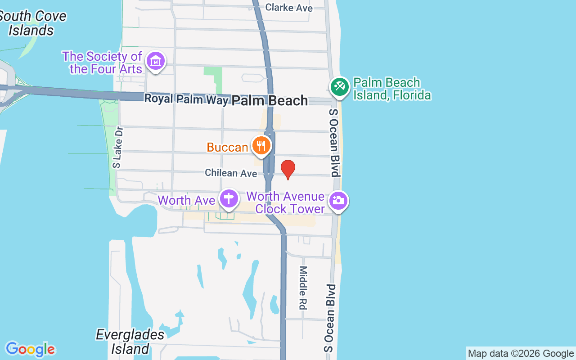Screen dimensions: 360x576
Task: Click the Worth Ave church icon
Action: pos(229,198)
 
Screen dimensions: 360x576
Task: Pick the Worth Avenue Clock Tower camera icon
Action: pos(338,200)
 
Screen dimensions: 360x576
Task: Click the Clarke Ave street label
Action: pos(289,8)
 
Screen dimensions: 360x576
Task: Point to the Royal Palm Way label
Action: pos(186,99)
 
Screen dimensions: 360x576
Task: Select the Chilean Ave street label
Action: pos(231,173)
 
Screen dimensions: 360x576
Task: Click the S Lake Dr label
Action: pos(118,147)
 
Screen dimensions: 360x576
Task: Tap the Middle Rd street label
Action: pos(303,288)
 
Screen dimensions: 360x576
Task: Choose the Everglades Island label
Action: pos(130,342)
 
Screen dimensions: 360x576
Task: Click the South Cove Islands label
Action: pos(32,23)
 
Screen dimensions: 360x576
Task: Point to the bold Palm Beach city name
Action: pos(270,100)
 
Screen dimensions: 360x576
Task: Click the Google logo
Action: pos(30,349)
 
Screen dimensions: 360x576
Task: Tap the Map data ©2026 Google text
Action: pos(521,354)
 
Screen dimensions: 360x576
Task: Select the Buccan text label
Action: pos(227,147)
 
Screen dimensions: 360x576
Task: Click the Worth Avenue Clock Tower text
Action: pos(285,202)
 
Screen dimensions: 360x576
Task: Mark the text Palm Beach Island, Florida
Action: pos(391,89)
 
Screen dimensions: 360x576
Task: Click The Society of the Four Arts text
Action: pos(103,63)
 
